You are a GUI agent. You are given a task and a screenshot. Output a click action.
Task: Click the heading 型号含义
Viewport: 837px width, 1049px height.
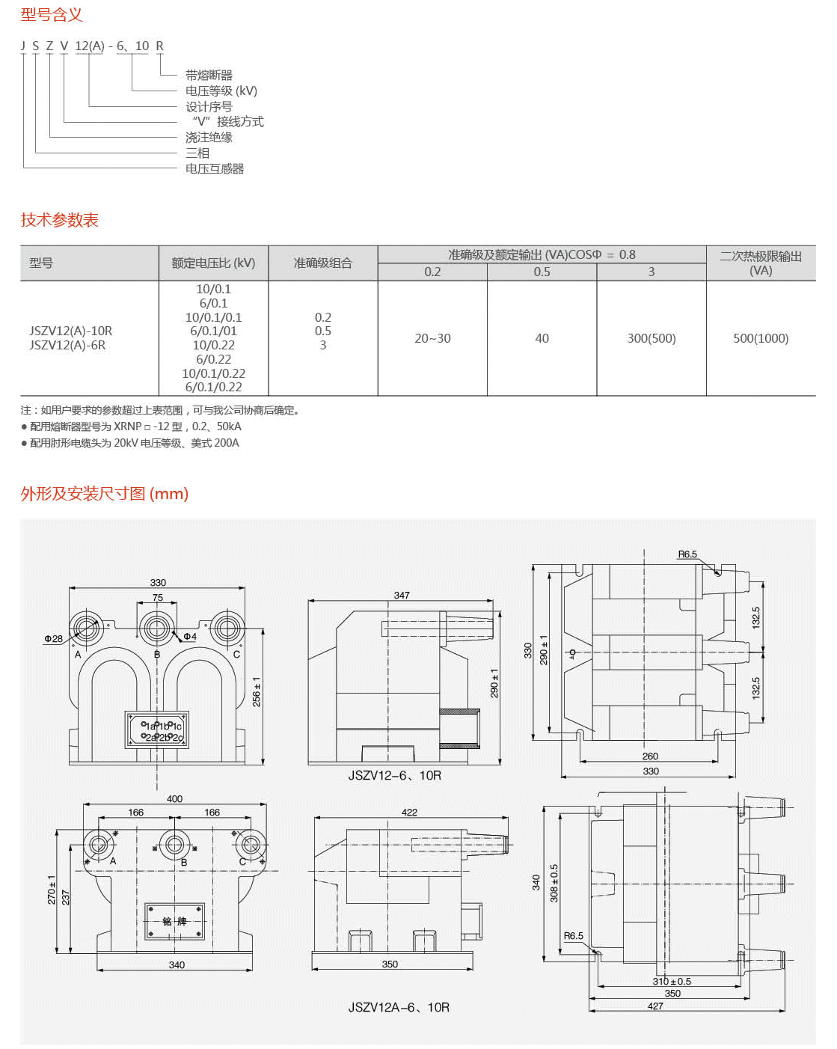tap(52, 14)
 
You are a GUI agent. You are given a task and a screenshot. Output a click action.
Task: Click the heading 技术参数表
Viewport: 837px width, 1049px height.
tap(60, 220)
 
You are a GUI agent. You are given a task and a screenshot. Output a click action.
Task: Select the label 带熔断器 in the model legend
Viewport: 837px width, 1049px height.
tap(209, 75)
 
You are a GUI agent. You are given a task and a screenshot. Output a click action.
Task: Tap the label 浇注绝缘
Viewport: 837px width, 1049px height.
tap(209, 138)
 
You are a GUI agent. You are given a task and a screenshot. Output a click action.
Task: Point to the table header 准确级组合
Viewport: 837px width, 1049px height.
tap(322, 263)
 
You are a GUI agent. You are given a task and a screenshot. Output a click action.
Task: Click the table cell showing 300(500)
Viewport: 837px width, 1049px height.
tap(651, 338)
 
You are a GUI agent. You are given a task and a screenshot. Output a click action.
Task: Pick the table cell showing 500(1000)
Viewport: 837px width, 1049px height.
tap(761, 338)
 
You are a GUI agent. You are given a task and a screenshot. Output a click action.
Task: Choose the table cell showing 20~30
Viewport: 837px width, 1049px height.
tap(432, 338)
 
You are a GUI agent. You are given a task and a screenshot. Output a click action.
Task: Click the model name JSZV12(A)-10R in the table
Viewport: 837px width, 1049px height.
tap(71, 331)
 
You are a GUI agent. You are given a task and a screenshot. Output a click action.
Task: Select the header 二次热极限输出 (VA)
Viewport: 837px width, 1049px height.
tap(761, 263)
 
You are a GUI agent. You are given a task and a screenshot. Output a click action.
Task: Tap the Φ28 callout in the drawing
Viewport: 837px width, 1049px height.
tap(53, 639)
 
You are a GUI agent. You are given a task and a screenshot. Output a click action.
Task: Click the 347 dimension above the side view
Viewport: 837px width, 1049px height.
tap(402, 596)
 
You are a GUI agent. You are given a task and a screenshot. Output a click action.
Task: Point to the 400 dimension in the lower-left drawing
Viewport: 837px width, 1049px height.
tap(174, 799)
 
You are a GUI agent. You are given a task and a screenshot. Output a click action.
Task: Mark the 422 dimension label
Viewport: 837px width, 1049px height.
tap(409, 812)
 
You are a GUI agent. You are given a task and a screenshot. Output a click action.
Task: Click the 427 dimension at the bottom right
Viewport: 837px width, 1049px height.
tap(655, 1006)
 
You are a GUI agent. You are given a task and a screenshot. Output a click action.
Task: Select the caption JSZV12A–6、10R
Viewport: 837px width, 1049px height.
tap(399, 1007)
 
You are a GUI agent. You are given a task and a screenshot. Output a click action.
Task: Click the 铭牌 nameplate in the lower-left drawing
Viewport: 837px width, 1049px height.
tap(174, 921)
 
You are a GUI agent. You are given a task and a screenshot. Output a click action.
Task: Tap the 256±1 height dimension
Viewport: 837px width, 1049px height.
tap(257, 692)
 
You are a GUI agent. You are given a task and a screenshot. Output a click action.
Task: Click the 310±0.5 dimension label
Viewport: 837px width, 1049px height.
tap(672, 982)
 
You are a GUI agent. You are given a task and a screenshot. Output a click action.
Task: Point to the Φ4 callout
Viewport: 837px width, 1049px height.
tap(190, 637)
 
